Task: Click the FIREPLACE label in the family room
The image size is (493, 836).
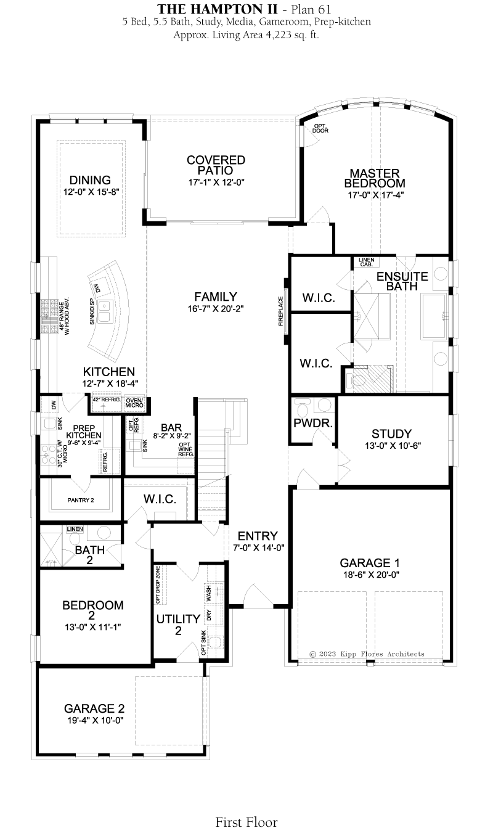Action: pyautogui.click(x=281, y=311)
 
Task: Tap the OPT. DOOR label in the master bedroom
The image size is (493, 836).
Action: pyautogui.click(x=320, y=128)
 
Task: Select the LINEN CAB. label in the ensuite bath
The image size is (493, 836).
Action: pyautogui.click(x=366, y=262)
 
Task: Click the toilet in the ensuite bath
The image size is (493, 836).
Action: pyautogui.click(x=356, y=380)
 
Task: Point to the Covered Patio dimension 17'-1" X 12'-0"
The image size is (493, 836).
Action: pyautogui.click(x=216, y=182)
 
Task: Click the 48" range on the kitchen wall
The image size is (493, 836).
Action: pyautogui.click(x=48, y=316)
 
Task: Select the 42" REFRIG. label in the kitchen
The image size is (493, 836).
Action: pyautogui.click(x=107, y=400)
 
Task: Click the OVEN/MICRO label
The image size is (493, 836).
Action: pyautogui.click(x=134, y=403)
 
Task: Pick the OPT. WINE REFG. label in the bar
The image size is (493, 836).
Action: pyautogui.click(x=185, y=449)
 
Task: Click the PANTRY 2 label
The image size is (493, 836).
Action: pyautogui.click(x=81, y=500)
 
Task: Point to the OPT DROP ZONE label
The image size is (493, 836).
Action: pyautogui.click(x=158, y=585)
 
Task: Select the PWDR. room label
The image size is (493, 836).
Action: pyautogui.click(x=313, y=423)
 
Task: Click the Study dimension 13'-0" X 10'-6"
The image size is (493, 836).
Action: pyautogui.click(x=393, y=445)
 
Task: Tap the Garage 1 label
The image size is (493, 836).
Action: pyautogui.click(x=370, y=562)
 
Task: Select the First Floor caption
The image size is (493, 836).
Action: pyautogui.click(x=246, y=822)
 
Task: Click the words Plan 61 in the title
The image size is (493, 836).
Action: pyautogui.click(x=311, y=9)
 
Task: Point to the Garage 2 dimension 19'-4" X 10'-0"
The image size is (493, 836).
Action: pyautogui.click(x=96, y=720)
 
